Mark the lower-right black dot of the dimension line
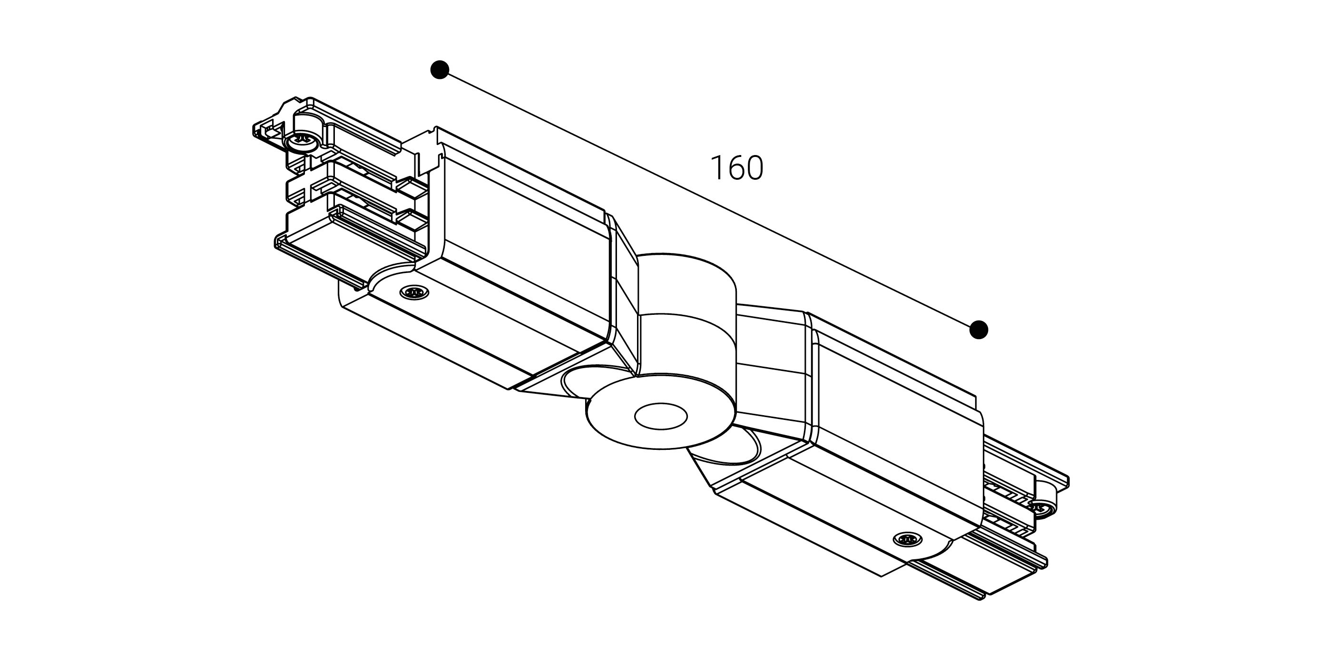pyautogui.click(x=979, y=330)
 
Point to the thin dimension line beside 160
pyautogui.click(x=709, y=200)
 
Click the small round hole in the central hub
pyautogui.click(x=661, y=416)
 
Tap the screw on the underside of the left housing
pyautogui.click(x=414, y=292)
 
